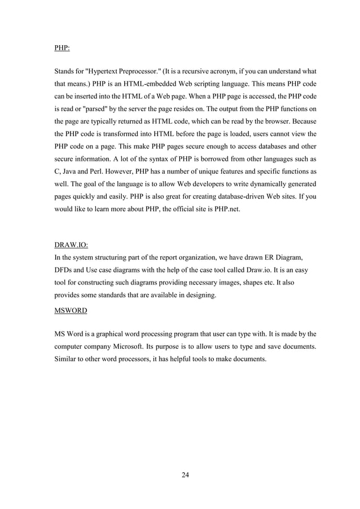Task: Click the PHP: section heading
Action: coord(62,48)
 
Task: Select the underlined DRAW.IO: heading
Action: coord(71,245)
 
